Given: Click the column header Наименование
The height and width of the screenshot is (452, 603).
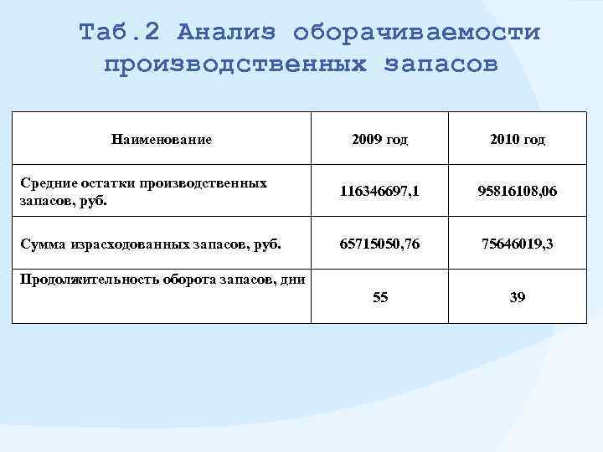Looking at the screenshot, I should click(162, 140).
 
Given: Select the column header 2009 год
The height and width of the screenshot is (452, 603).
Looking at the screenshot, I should click(380, 140).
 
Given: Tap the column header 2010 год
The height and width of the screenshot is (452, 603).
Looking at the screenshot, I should click(518, 140).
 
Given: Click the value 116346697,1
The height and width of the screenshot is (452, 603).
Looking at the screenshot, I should click(380, 192).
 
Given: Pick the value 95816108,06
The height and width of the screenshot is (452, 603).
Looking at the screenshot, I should click(518, 192).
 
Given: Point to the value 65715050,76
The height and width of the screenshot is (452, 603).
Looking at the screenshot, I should click(380, 245).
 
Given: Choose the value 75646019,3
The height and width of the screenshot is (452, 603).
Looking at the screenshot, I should click(518, 245).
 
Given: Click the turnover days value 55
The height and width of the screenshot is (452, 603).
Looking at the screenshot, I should click(380, 297).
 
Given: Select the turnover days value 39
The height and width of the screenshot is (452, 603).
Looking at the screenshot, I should click(518, 297).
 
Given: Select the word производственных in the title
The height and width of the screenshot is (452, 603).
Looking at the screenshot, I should click(235, 64).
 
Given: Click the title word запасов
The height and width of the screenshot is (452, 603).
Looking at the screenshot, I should click(441, 64).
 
